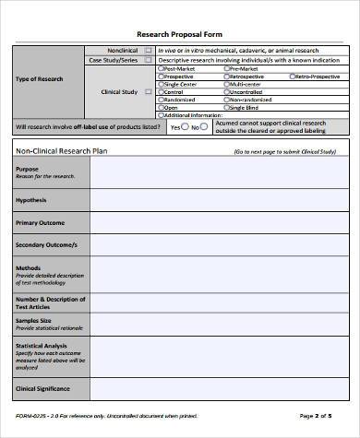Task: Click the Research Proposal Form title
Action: pos(179,34)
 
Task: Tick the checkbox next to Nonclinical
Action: pos(149,50)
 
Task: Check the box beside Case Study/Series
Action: pos(149,59)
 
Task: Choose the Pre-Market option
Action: pos(225,67)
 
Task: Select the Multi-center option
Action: pos(225,84)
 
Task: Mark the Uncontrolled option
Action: pos(225,92)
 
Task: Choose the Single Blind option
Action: pos(225,108)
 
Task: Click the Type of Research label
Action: pos(40,79)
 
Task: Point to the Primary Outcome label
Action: pos(40,223)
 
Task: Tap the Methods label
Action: pos(28,268)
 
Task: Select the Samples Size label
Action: pos(36,319)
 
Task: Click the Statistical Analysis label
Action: pos(42,345)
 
